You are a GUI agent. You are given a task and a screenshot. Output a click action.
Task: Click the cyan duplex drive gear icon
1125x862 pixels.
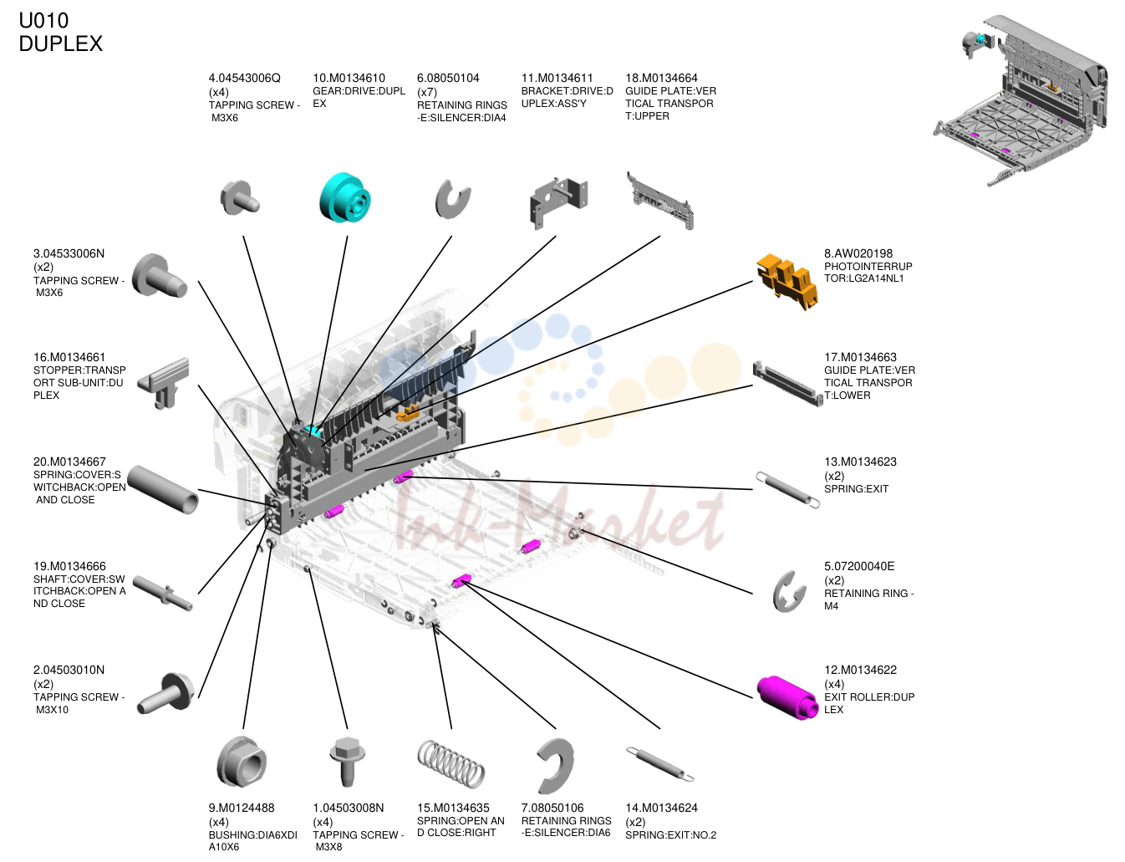point(344,197)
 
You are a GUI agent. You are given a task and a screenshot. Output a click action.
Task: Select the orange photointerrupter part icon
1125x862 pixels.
point(786,281)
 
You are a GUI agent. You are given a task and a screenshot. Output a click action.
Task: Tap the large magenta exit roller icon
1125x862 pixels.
point(786,696)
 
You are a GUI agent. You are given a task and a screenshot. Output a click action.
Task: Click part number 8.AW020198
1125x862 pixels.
point(858,253)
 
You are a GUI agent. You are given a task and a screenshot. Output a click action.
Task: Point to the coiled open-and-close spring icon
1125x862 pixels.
point(451,763)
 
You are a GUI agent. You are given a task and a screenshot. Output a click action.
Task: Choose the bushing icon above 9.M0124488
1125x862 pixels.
point(242,762)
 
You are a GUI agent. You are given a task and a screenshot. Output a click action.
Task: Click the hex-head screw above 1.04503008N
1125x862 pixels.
point(347,761)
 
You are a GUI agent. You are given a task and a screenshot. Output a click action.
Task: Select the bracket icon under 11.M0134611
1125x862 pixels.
point(558,202)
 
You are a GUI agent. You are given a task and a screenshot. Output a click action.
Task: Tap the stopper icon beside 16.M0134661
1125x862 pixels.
point(163,383)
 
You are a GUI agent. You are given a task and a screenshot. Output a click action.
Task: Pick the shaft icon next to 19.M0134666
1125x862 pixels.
point(165,594)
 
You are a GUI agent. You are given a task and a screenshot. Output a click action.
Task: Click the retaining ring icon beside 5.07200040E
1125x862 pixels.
point(788,591)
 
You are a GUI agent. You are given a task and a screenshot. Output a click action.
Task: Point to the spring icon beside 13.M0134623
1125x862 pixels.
point(787,490)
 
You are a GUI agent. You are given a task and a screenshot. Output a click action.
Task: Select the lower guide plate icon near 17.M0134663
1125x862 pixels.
point(787,383)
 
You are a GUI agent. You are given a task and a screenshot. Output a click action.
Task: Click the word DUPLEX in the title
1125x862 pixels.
point(60,43)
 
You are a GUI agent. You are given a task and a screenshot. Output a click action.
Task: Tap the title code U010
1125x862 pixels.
point(43,21)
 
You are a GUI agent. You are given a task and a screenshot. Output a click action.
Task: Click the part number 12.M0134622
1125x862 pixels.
point(860,670)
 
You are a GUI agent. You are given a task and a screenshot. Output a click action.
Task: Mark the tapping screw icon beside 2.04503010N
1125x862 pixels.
point(165,693)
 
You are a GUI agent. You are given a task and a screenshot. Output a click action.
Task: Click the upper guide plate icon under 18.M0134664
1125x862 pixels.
point(659,201)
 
